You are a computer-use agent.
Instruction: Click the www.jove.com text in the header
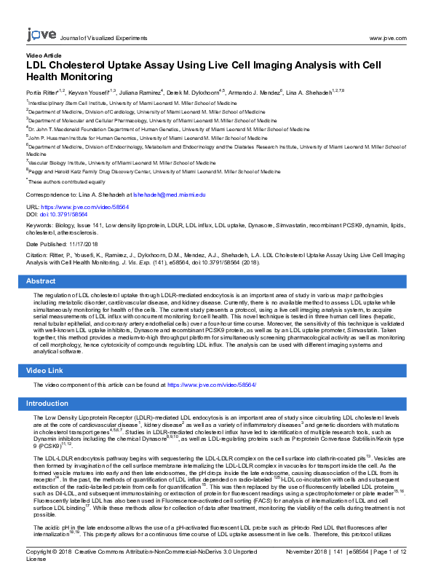(x=388, y=37)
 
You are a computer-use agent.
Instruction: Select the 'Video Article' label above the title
(x=44, y=56)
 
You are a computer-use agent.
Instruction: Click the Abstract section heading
(x=41, y=280)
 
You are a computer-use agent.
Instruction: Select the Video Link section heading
(x=45, y=371)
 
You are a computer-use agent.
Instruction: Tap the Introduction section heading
(x=47, y=403)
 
